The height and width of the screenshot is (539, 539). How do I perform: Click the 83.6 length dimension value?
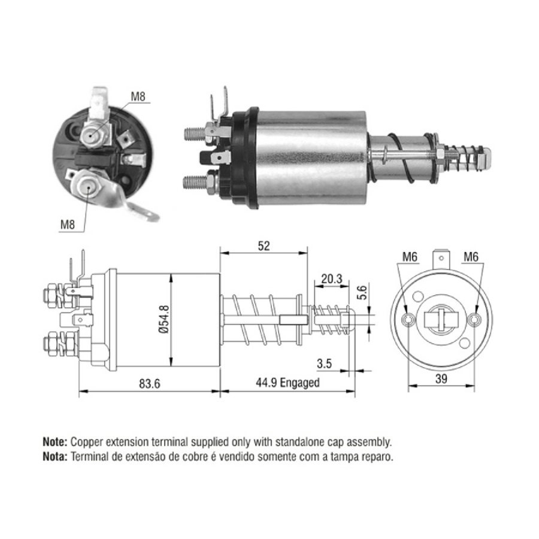click(150, 383)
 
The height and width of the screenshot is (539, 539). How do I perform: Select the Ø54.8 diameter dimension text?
click(164, 319)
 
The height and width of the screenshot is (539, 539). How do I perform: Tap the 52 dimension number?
click(264, 246)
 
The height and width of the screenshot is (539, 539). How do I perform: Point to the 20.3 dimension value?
click(331, 278)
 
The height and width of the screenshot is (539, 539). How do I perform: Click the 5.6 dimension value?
click(362, 292)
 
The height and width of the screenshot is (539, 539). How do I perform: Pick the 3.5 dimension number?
click(324, 364)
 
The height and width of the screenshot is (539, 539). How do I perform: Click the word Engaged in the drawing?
click(299, 383)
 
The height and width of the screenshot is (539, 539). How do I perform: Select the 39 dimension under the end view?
click(441, 378)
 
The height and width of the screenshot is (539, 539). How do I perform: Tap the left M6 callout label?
click(410, 256)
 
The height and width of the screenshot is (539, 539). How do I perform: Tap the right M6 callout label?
click(471, 256)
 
